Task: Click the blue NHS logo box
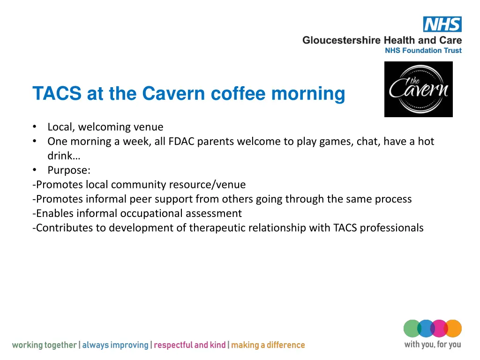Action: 442,24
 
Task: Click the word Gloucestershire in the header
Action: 342,40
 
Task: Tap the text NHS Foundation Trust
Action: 423,51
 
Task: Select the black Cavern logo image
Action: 418,90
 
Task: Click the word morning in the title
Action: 308,94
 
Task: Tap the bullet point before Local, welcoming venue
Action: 35,127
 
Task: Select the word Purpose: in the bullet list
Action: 69,171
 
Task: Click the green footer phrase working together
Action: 44,345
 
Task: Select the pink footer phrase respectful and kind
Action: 189,345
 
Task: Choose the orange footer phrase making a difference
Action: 268,345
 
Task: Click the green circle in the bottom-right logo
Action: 411,328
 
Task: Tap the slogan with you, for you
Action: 432,345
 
